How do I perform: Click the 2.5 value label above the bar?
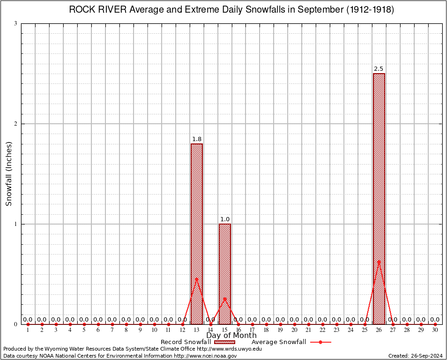coord(379,69)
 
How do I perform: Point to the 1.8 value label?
coord(197,139)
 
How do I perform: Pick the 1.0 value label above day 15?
coord(225,219)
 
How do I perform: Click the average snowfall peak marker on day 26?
coord(379,262)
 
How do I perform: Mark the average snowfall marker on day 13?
coord(197,279)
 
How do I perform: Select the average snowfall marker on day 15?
coord(225,299)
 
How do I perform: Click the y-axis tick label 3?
coord(16,23)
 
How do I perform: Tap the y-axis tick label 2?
coord(16,124)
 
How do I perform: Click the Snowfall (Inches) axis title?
coord(8,173)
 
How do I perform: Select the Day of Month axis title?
coord(231,336)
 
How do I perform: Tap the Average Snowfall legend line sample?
coord(320,342)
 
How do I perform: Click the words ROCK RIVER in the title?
coord(96,10)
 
